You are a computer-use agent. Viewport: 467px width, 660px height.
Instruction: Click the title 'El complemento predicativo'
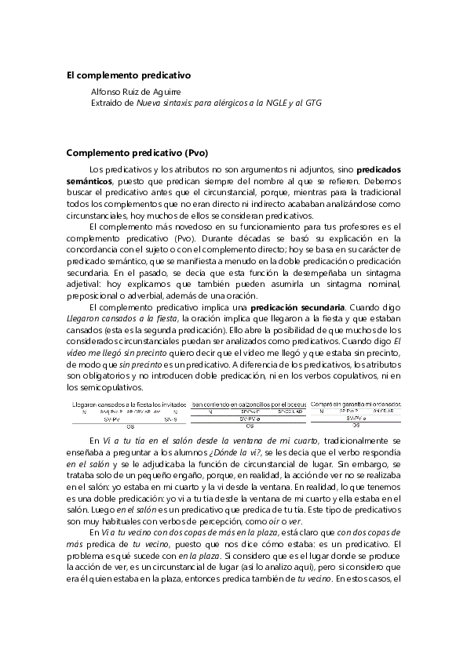click(x=128, y=76)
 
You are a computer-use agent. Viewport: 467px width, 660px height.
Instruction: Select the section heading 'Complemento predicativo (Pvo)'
click(x=137, y=152)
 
